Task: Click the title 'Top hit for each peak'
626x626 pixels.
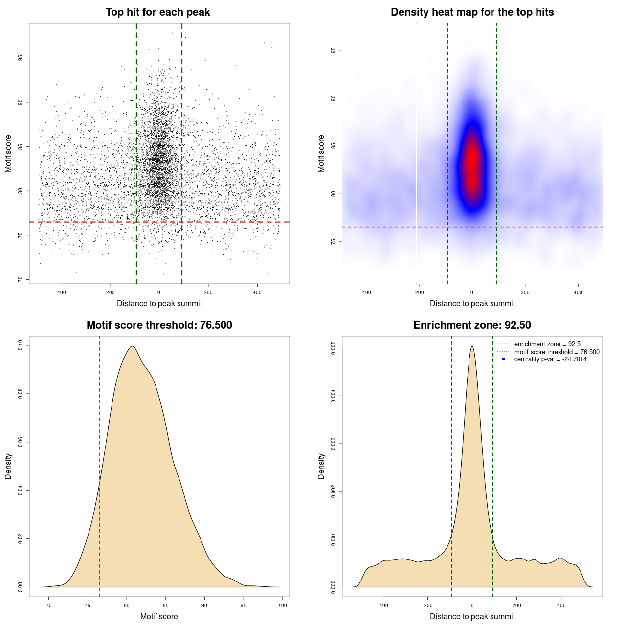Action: tap(158, 12)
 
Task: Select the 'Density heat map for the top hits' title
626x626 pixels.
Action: tap(472, 12)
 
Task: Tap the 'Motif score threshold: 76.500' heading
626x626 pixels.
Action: tap(159, 325)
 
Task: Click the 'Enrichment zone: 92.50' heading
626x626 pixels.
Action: tap(472, 325)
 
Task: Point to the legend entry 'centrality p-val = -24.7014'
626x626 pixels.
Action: tap(550, 359)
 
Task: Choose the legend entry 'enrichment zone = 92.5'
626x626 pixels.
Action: tap(547, 344)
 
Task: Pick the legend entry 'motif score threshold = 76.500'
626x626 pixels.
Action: tap(557, 352)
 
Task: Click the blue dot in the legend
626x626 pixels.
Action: tap(503, 359)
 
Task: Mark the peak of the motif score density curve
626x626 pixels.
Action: tap(132, 346)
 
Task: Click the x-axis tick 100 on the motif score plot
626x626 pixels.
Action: tap(283, 605)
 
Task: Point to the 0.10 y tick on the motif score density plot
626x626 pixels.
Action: tap(20, 345)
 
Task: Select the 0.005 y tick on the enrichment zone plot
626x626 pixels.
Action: tap(333, 348)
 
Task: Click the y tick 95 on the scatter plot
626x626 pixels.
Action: tap(20, 58)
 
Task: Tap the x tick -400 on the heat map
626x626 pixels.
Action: tap(366, 292)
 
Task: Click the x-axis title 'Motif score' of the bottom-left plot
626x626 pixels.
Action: tap(159, 616)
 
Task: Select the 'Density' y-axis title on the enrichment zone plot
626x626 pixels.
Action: tap(321, 466)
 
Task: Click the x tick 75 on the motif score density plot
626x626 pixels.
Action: tap(88, 605)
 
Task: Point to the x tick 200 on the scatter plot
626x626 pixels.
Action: tap(208, 292)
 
